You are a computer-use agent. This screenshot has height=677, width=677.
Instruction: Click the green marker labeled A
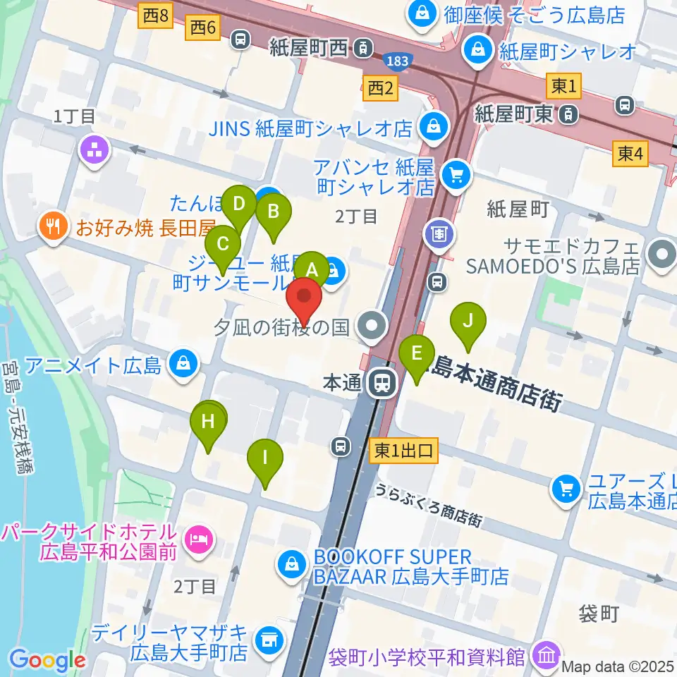click(x=312, y=270)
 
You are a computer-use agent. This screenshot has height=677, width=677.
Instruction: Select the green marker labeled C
click(x=223, y=244)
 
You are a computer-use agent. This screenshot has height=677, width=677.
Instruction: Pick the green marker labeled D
click(x=240, y=205)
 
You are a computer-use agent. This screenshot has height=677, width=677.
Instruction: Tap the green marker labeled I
click(x=265, y=457)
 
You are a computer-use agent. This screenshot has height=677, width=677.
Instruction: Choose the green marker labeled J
click(x=468, y=320)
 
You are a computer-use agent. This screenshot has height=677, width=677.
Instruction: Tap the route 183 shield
click(x=397, y=61)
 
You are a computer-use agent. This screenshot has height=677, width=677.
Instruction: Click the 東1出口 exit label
click(x=403, y=449)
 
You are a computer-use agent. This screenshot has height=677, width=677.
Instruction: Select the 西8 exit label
click(x=156, y=16)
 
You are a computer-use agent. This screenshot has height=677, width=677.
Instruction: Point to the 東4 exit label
click(x=630, y=154)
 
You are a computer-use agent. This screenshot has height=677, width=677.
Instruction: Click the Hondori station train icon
click(x=382, y=383)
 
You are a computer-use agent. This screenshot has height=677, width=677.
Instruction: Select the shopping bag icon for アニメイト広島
click(x=183, y=365)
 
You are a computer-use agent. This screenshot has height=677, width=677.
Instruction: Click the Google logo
click(x=47, y=661)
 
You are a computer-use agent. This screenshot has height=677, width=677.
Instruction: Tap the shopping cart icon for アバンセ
click(x=456, y=177)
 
